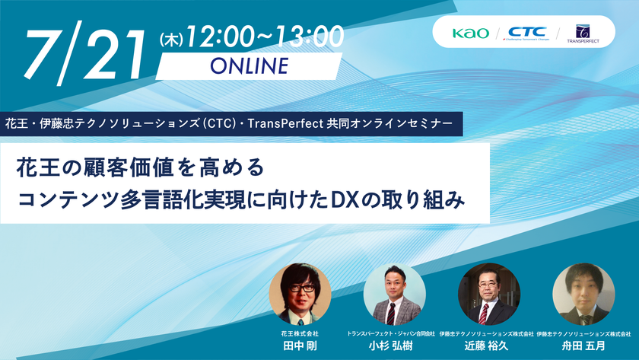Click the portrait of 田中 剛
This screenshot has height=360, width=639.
click(x=300, y=294)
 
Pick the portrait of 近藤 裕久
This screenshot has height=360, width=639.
click(x=488, y=294)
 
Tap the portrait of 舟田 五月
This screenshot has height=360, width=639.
click(x=583, y=294)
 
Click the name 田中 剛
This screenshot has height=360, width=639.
click(x=300, y=346)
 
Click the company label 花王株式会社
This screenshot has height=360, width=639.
click(x=300, y=333)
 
